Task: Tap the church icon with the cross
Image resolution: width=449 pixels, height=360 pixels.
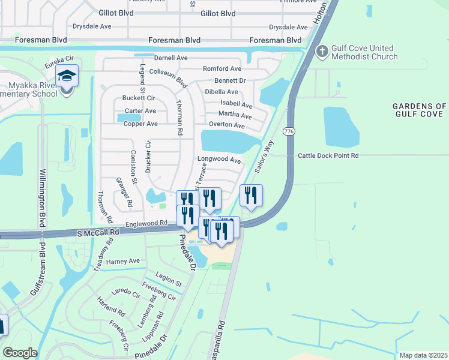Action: click(322, 52)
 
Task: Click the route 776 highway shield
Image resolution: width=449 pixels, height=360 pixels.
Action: click(290, 131)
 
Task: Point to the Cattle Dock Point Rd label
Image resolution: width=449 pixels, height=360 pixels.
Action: click(328, 155)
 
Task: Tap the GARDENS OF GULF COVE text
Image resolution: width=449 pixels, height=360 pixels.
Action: click(420, 110)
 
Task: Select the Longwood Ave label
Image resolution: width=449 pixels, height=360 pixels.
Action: click(219, 160)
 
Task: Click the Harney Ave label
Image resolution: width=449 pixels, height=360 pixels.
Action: click(122, 262)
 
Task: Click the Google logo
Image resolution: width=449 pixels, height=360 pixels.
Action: click(20, 353)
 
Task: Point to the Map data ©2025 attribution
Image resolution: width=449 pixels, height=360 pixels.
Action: click(423, 355)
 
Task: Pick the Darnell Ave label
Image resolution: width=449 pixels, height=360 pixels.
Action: click(170, 58)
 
